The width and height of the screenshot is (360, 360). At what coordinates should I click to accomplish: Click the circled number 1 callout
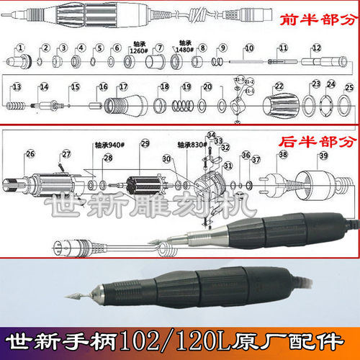pos(22,48)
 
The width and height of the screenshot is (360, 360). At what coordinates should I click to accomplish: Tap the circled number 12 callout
pos(316,48)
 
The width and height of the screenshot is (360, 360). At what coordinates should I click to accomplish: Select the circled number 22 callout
pos(279,86)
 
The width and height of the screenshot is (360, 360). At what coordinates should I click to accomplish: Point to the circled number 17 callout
pos(123,86)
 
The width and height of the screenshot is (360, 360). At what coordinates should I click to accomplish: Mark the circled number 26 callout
pos(30,153)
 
